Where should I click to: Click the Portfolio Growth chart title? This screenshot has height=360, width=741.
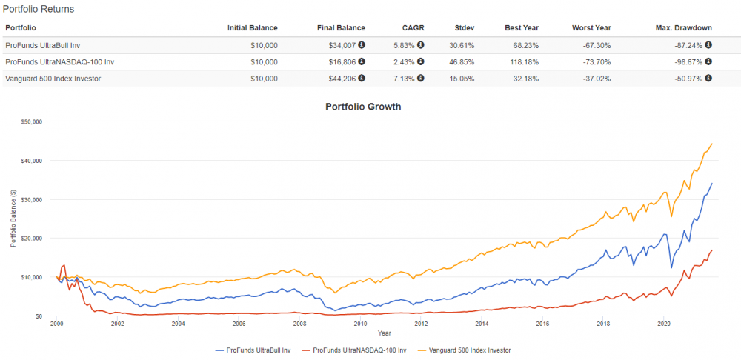(x=363, y=107)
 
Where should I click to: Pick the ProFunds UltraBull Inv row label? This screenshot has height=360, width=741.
(x=42, y=45)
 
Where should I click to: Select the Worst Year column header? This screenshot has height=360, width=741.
(x=591, y=28)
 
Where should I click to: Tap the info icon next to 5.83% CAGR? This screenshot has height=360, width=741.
(x=420, y=45)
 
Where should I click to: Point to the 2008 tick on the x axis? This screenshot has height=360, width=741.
(x=299, y=324)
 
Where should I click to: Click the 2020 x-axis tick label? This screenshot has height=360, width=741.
(x=664, y=324)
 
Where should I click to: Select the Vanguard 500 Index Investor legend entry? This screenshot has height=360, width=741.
(x=468, y=350)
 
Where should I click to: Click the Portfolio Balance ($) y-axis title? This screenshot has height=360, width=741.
(x=13, y=219)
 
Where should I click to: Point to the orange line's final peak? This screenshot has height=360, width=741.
(x=711, y=144)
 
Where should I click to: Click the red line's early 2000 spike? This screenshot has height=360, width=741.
(x=64, y=265)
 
